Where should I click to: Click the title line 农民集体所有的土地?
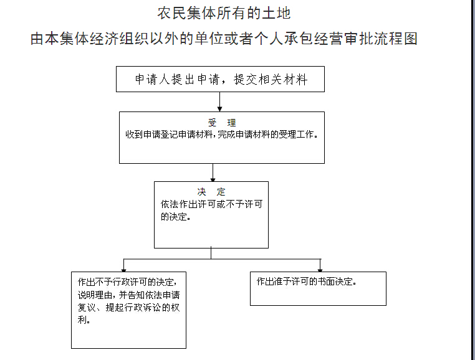[x=224, y=13]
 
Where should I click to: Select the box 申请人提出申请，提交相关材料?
[x=220, y=79]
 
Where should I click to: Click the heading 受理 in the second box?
[x=222, y=123]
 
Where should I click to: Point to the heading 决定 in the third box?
[x=211, y=192]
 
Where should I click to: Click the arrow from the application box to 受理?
[x=219, y=102]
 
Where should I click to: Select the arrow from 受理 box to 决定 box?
[x=213, y=173]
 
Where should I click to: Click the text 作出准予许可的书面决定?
[x=306, y=282]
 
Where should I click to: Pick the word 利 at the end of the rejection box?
[x=82, y=320]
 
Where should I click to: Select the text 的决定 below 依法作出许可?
[x=173, y=217]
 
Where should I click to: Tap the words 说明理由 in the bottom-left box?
[x=95, y=295]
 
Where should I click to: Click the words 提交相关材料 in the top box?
[x=271, y=79]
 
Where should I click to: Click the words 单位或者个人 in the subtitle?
[x=239, y=39]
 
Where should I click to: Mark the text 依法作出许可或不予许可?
[x=211, y=204]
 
